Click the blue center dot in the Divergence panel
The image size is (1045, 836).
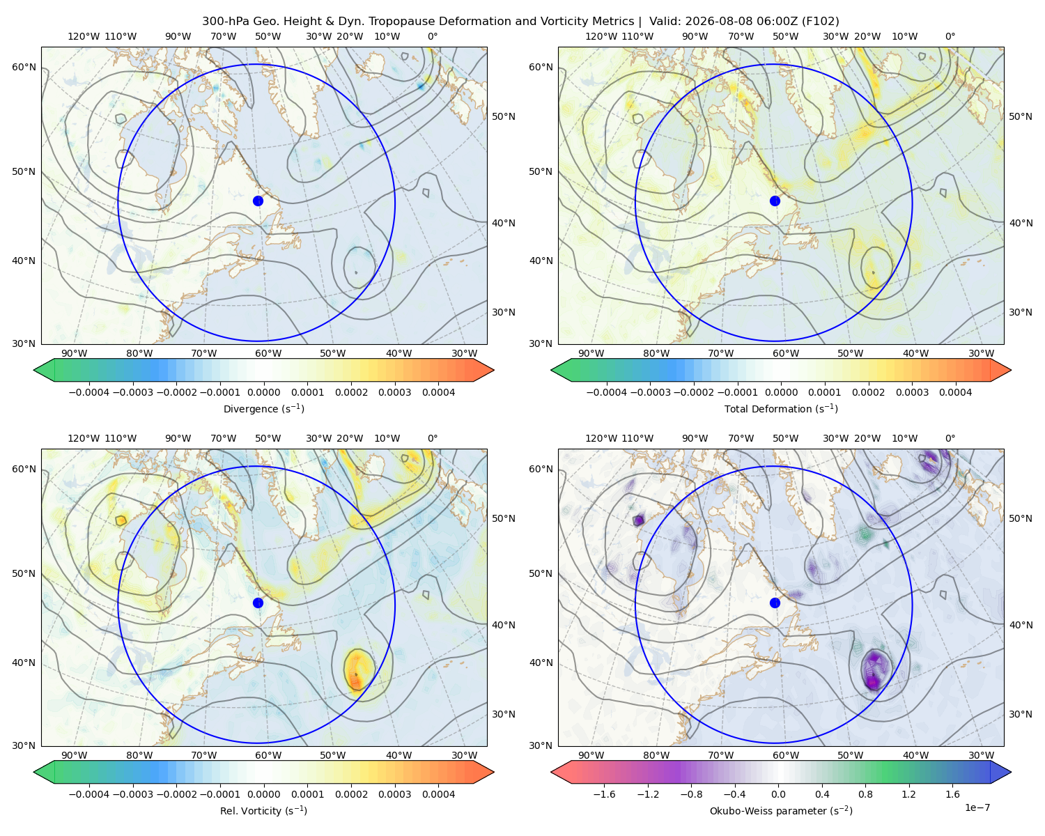(x=258, y=201)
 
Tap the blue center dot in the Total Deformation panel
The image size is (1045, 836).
(x=775, y=201)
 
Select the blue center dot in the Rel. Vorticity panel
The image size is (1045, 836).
(x=258, y=603)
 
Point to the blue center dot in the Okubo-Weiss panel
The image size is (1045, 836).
(x=775, y=603)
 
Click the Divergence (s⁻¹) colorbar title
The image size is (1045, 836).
(x=263, y=408)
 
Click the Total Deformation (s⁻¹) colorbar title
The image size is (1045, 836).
(x=781, y=408)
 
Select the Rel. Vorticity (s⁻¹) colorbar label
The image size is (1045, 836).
(x=263, y=810)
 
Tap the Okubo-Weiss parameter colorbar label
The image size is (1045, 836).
(x=781, y=810)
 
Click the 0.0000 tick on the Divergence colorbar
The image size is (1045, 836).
(x=263, y=392)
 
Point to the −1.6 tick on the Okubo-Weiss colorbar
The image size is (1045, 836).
(x=604, y=794)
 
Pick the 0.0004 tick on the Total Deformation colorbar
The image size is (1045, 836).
(x=955, y=392)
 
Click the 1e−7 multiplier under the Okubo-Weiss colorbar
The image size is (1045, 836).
(x=977, y=807)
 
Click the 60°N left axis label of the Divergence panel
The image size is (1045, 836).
(x=24, y=67)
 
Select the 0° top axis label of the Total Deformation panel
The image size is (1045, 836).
(x=950, y=36)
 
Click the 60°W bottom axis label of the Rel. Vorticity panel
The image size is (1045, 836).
(x=268, y=755)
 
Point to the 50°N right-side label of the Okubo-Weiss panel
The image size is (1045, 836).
(x=1021, y=518)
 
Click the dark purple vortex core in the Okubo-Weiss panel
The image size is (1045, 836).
(x=874, y=671)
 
